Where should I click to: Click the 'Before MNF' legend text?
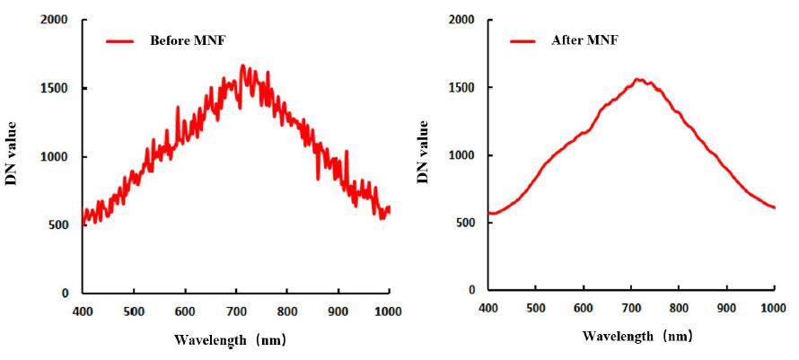189,40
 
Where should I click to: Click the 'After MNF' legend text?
584,40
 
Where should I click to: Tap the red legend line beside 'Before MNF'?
120,40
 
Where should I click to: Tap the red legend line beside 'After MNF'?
522,40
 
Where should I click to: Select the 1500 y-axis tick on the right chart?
461,87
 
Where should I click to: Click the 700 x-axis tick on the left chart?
235,312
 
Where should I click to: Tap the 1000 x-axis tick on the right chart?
774,308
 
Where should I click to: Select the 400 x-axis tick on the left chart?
82,312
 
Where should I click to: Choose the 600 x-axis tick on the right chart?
584,308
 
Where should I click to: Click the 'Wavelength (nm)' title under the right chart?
637,337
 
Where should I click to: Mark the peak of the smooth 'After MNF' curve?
639,79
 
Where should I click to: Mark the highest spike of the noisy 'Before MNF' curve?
242,65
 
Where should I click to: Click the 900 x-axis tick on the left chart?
338,312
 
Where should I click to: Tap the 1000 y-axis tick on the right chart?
461,155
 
